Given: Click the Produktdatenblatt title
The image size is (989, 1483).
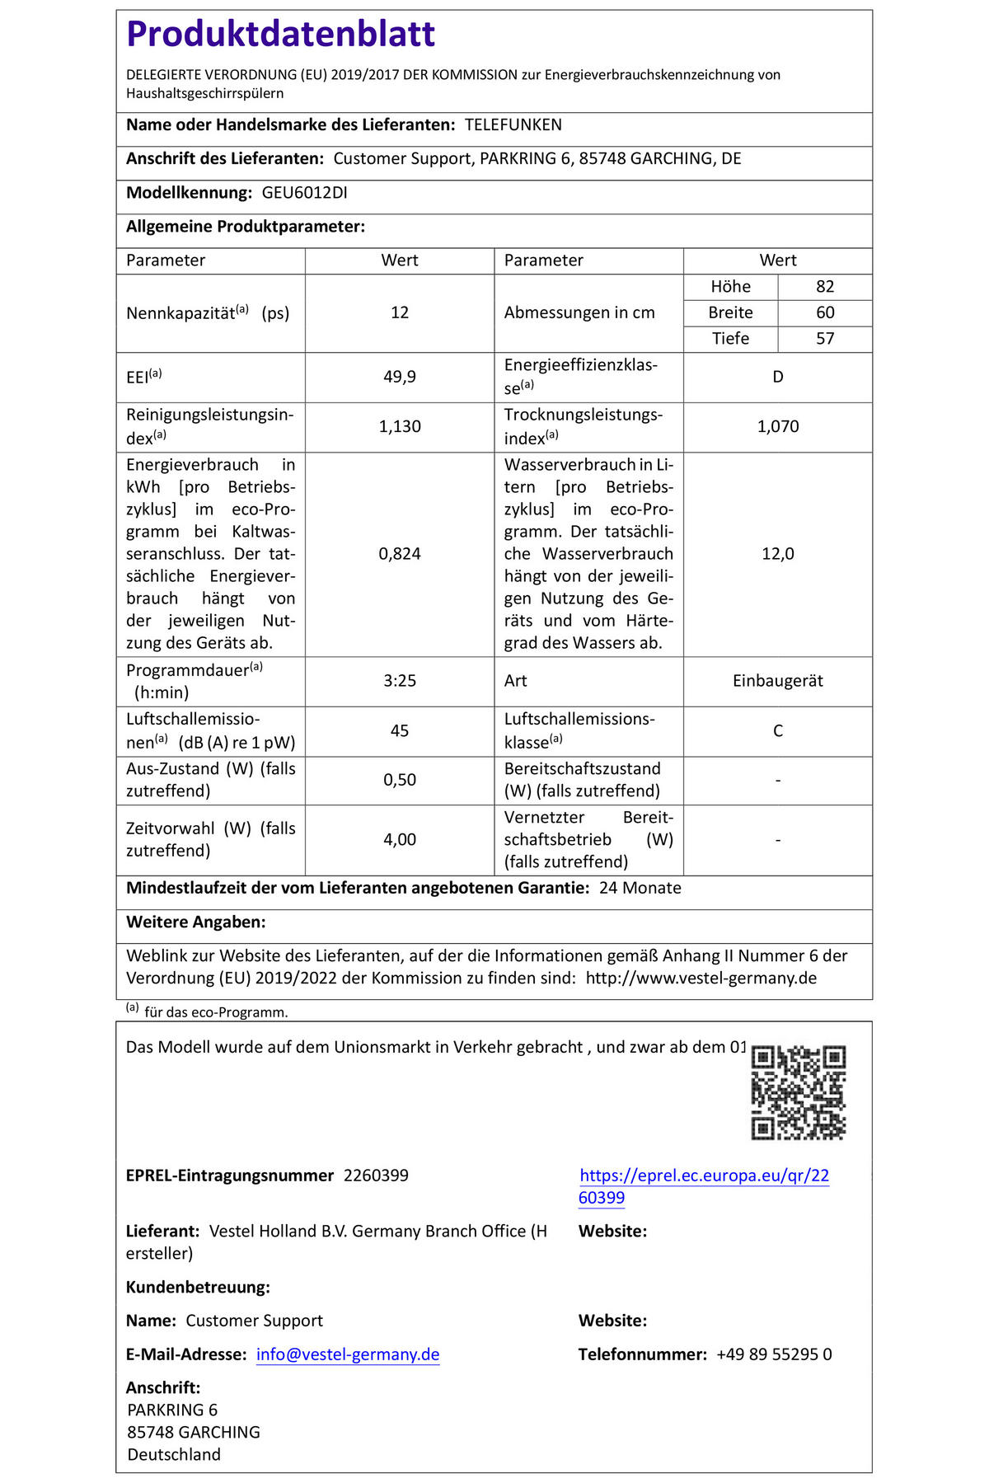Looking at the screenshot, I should [280, 35].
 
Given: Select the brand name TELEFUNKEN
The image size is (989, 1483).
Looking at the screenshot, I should [513, 125].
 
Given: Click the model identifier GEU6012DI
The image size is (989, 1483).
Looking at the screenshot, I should [304, 193].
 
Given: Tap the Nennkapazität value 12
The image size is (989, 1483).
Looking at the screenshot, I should [400, 313].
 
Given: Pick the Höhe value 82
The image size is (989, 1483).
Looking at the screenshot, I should [825, 287].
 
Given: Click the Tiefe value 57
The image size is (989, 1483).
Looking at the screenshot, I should [825, 339].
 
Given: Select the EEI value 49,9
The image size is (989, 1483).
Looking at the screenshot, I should [400, 377].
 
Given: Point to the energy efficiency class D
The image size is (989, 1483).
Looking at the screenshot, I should [777, 377].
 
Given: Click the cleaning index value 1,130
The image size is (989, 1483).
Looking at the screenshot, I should [400, 427].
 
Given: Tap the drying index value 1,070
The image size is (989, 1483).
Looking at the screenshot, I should [777, 427].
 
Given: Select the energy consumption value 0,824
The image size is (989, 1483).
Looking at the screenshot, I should [400, 554].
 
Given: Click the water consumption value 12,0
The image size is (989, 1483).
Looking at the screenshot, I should [777, 554].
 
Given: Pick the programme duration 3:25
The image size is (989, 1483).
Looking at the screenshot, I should [400, 681].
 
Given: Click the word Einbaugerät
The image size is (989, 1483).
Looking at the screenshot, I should [777, 681].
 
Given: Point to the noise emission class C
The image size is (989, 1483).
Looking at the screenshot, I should [777, 731].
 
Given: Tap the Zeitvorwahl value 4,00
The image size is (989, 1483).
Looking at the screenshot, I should [400, 840].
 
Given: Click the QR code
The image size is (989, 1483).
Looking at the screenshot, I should [798, 1093].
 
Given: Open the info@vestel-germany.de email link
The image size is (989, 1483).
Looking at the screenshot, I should [348, 1354].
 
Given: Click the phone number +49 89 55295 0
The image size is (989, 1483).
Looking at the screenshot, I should [773, 1354].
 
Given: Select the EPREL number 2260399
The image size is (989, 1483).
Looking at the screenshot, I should [376, 1176].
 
